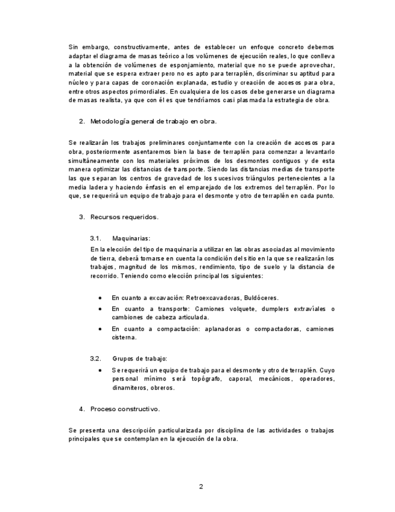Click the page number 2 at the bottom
201,487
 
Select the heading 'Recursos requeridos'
124,217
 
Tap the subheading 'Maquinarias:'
131,238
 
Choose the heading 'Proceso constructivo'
125,409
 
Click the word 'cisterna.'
124,338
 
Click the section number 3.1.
95,238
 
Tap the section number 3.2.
95,359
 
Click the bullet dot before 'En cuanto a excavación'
100,298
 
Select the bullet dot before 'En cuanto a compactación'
100,329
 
